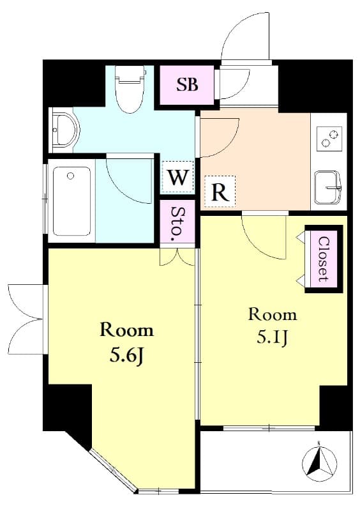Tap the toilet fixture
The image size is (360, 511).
pos(130,89)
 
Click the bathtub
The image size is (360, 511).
pos(71,201)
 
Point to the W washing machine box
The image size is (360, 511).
pos(177,178)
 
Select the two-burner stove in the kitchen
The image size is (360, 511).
pos(329,139)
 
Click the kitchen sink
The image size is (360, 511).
pos(327,187)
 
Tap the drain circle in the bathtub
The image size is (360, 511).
pos(70,176)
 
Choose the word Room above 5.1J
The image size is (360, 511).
pos(273,315)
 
